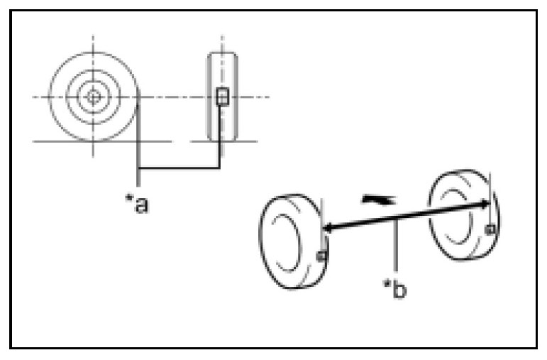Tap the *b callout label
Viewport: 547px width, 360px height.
[394, 289]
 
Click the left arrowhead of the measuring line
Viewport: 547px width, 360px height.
[327, 228]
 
